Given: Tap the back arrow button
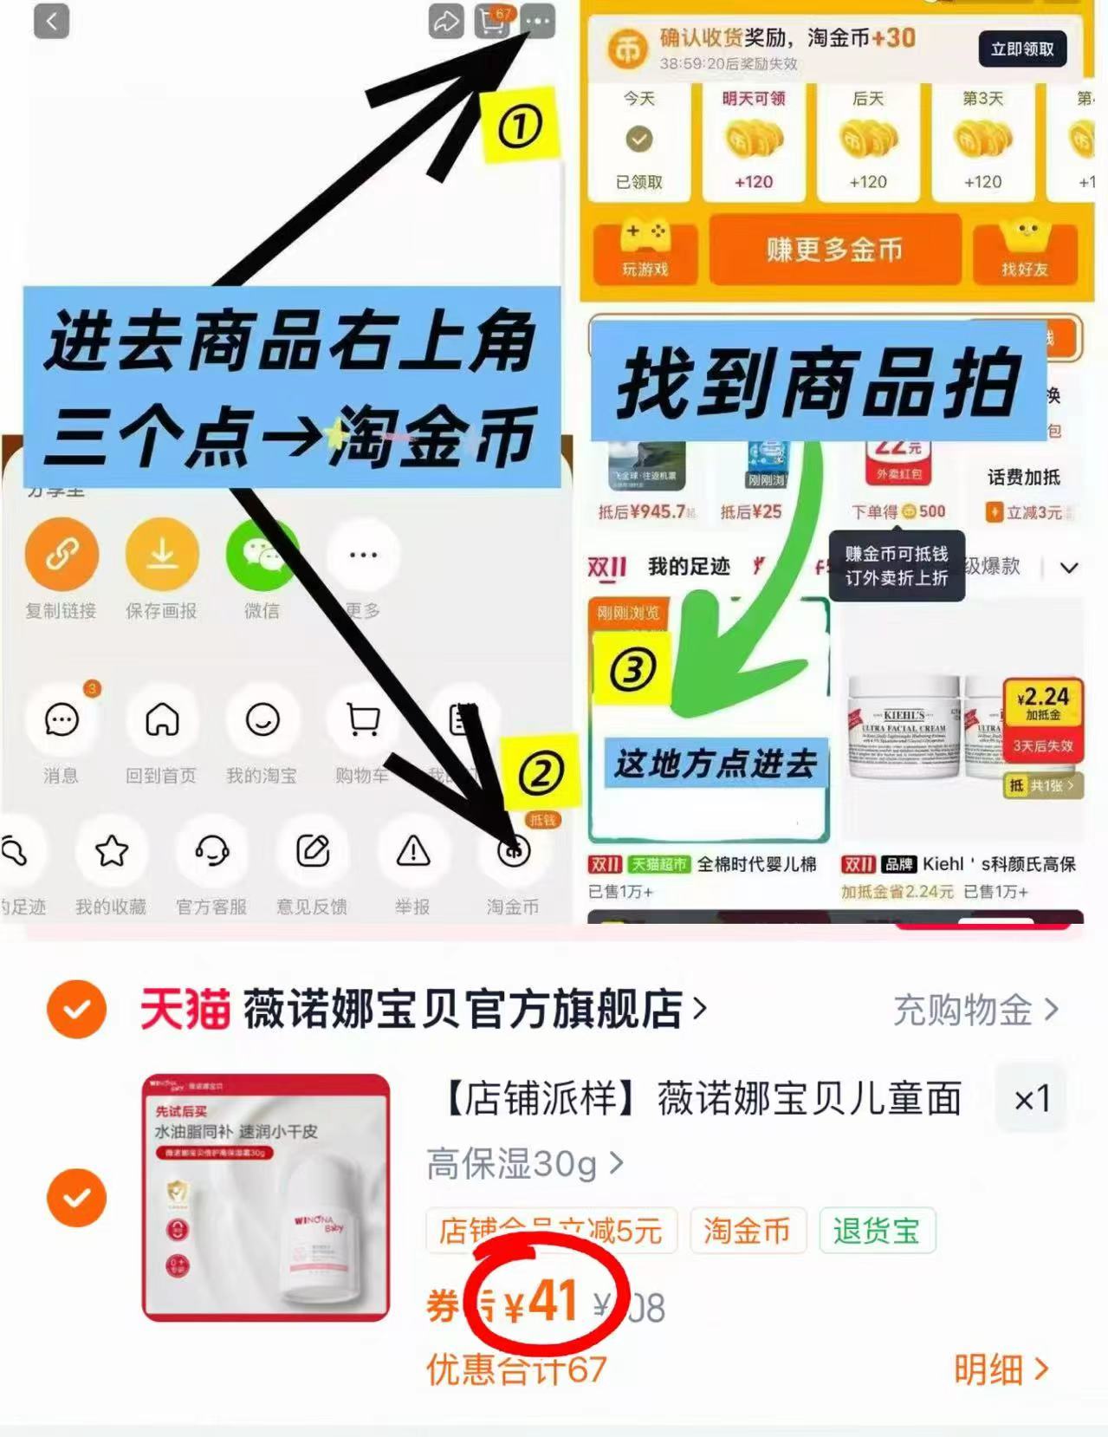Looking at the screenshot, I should point(51,21).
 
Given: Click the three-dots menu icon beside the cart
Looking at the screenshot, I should point(538,21).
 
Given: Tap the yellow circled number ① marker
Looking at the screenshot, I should point(520,127).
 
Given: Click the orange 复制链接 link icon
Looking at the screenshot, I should point(61,554).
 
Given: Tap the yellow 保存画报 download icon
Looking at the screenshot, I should point(161,554).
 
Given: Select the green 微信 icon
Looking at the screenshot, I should point(262,554).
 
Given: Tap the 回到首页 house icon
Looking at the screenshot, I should point(161,719).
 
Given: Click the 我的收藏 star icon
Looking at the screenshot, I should point(111,851).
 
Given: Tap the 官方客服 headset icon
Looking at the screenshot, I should point(211,851).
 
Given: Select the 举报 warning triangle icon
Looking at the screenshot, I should point(413,851).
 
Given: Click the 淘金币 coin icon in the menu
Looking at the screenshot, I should point(513,851).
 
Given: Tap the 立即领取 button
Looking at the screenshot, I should point(1022,49).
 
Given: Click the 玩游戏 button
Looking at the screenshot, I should point(645,251).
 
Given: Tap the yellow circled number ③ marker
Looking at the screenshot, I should point(632,669).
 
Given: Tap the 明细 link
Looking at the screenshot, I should point(1001,1369).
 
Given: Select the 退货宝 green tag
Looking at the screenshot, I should point(877,1231).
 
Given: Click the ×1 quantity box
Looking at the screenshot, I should point(1031,1099).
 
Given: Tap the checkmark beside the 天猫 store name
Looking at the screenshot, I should point(76,1009).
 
